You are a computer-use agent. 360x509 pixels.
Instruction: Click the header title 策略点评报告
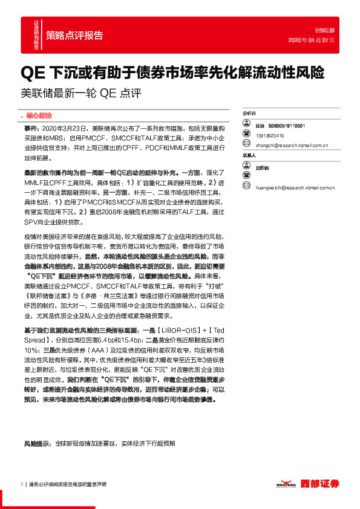[74, 34]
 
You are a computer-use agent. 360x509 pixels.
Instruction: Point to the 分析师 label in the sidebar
[249, 113]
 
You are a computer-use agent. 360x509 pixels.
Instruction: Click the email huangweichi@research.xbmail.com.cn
[295, 177]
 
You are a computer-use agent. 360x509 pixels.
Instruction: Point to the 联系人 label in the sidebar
[249, 155]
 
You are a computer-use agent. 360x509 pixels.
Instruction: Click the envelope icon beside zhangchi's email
[246, 146]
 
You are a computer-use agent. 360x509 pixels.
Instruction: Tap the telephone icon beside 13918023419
[246, 135]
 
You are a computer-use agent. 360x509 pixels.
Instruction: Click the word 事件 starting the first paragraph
[30, 129]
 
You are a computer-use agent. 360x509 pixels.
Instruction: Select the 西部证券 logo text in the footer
[320, 483]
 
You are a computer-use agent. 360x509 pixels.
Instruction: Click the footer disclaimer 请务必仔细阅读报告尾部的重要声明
[67, 484]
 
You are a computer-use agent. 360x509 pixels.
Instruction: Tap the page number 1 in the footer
[22, 484]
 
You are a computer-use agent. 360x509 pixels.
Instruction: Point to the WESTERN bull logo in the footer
[286, 483]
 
